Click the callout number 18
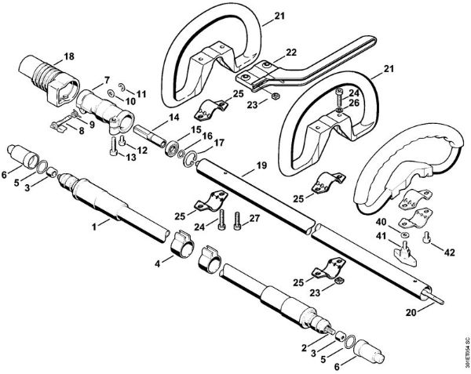(x=70, y=56)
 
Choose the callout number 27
(x=254, y=219)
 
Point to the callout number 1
(x=95, y=226)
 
